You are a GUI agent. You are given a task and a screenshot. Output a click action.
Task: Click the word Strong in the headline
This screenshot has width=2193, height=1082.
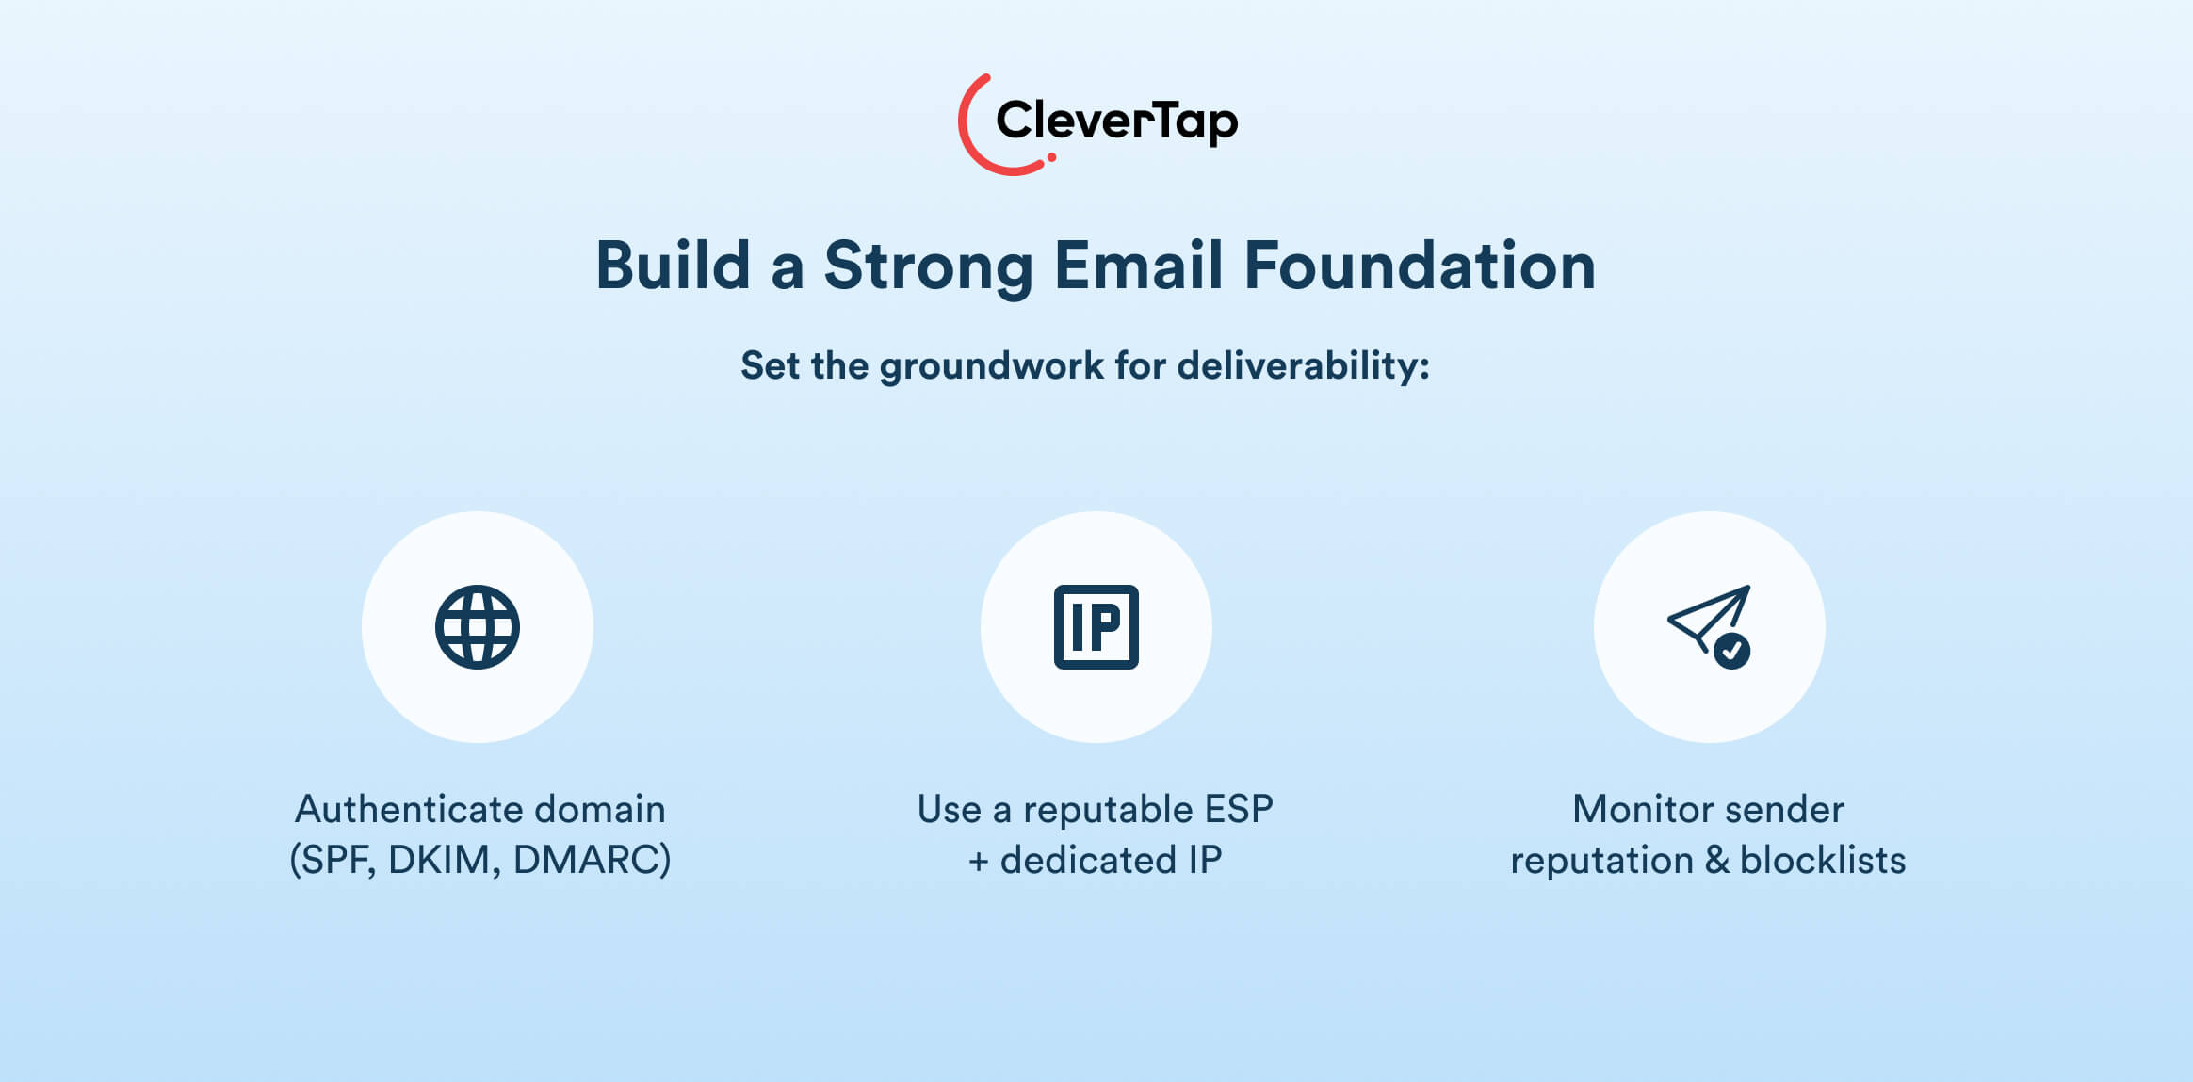pos(928,266)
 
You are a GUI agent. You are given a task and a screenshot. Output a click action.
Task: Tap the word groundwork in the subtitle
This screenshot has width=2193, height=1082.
pos(991,367)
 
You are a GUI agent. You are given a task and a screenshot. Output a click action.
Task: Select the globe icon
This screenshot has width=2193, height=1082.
pos(478,627)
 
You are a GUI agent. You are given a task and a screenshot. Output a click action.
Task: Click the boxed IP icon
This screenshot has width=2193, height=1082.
pos(1096,627)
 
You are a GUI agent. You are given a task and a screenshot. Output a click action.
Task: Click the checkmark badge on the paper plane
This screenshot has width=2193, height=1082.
pos(1731,651)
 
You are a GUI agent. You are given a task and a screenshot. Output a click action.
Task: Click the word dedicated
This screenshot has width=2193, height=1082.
pos(1088,860)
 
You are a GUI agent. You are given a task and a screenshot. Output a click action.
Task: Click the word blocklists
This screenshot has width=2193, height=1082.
pos(1823,860)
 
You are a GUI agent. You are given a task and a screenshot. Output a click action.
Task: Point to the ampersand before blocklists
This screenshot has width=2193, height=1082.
pos(1717,861)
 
